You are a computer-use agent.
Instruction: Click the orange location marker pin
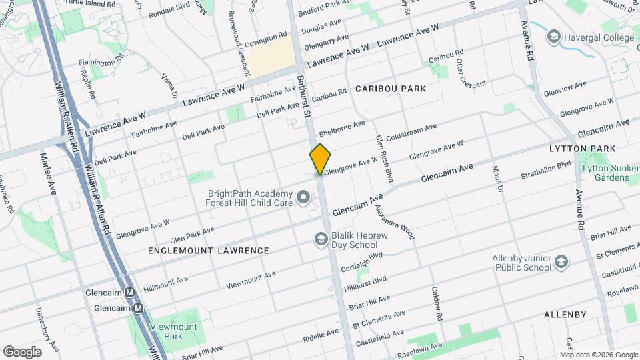[320, 159]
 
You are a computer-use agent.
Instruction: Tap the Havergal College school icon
[553, 37]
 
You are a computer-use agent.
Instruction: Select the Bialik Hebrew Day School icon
[321, 239]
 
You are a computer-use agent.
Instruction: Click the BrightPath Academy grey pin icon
[304, 197]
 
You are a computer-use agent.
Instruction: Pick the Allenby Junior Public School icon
[561, 261]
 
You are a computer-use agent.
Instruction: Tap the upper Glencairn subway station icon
[130, 293]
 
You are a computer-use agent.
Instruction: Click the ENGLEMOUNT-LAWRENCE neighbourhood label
[208, 251]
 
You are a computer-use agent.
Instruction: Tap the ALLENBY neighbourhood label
[565, 314]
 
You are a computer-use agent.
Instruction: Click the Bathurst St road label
[305, 97]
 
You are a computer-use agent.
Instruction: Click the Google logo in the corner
[22, 351]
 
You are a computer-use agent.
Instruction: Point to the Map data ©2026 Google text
[598, 355]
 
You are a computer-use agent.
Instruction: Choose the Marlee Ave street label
[49, 175]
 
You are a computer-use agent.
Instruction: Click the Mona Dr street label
[497, 179]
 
